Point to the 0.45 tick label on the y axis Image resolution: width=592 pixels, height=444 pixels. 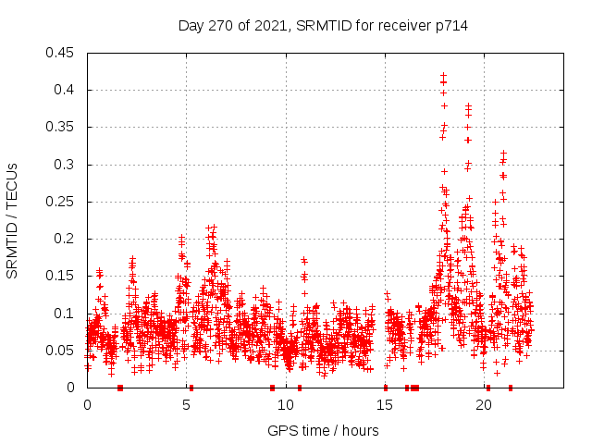pyautogui.click(x=61, y=53)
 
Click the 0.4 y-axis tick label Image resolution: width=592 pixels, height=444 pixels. pyautogui.click(x=65, y=90)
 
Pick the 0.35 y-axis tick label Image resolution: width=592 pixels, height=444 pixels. pyautogui.click(x=61, y=127)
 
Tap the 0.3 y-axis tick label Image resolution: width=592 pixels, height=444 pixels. pyautogui.click(x=65, y=165)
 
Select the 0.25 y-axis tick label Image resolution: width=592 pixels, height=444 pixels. pyautogui.click(x=61, y=202)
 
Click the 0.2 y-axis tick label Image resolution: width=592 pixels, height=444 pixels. pyautogui.click(x=65, y=239)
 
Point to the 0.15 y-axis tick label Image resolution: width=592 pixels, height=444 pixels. pyautogui.click(x=61, y=276)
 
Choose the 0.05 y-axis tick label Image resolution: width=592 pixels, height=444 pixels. pyautogui.click(x=61, y=351)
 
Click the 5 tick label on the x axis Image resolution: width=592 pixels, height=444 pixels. pyautogui.click(x=187, y=405)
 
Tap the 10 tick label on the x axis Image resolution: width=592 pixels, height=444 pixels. pyautogui.click(x=286, y=405)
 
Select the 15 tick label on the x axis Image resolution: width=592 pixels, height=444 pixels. pyautogui.click(x=385, y=405)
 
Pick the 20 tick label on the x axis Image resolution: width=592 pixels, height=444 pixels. pyautogui.click(x=484, y=405)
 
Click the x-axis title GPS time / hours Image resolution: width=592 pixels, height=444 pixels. pyautogui.click(x=323, y=430)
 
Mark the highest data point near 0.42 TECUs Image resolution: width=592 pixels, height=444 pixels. pyautogui.click(x=443, y=75)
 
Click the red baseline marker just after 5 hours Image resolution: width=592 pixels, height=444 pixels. pyautogui.click(x=191, y=387)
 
